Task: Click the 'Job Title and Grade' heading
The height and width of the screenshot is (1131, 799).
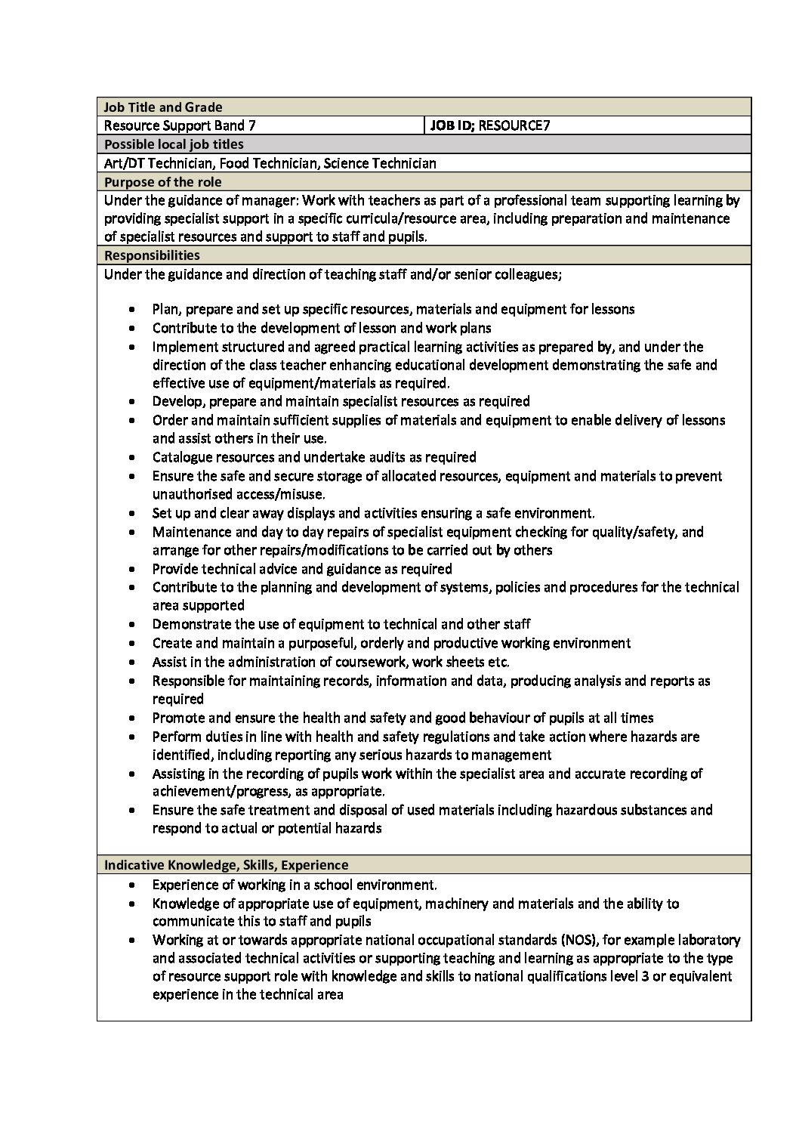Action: (x=163, y=107)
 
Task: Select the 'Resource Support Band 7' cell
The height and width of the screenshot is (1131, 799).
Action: (x=185, y=125)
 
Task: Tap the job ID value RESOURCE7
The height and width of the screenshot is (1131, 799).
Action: (x=514, y=125)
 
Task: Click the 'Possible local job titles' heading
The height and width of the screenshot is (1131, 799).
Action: (x=174, y=144)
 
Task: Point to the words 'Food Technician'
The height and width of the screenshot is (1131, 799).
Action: (x=268, y=163)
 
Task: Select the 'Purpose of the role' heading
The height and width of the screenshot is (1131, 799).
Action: (x=162, y=182)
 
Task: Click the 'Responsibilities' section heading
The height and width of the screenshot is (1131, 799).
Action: (x=152, y=255)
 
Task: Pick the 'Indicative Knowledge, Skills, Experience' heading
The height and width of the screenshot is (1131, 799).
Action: (x=227, y=865)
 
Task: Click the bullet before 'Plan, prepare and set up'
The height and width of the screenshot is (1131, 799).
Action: (x=134, y=310)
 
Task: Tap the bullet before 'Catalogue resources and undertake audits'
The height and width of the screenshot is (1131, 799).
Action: (x=134, y=458)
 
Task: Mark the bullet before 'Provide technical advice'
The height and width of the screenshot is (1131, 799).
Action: (x=134, y=570)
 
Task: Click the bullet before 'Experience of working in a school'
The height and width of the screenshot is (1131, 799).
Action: (x=134, y=885)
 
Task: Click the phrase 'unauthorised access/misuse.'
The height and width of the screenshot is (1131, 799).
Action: (x=239, y=494)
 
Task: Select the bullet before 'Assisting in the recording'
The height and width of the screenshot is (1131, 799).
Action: (x=134, y=774)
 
